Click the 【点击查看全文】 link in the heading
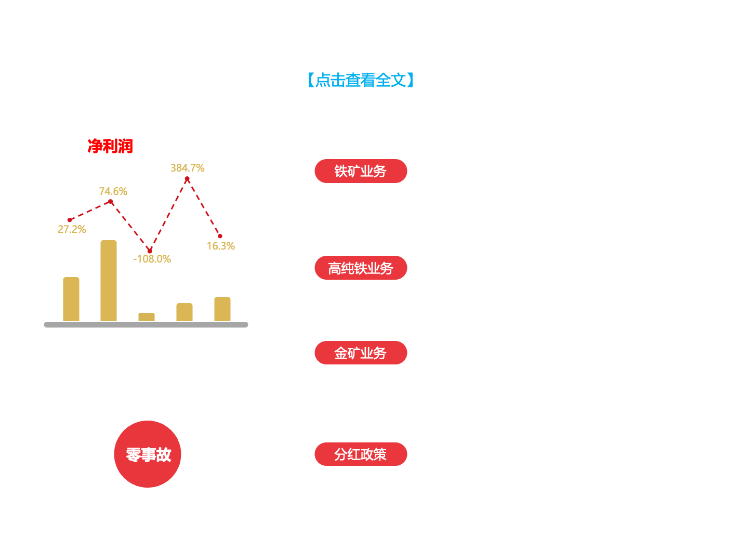pyautogui.click(x=360, y=80)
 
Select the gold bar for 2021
pyautogui.click(x=109, y=281)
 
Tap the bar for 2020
pyautogui.click(x=71, y=299)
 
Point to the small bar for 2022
pyautogui.click(x=147, y=317)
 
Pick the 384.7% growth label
pyautogui.click(x=188, y=168)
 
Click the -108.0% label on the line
pyautogui.click(x=152, y=259)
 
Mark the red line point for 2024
pyautogui.click(x=220, y=237)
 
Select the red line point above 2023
pyautogui.click(x=187, y=179)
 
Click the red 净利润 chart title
pyautogui.click(x=110, y=147)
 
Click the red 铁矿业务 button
pyautogui.click(x=361, y=171)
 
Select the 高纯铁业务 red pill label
pyautogui.click(x=361, y=268)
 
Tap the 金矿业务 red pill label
pyautogui.click(x=361, y=354)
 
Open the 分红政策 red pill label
pyautogui.click(x=361, y=454)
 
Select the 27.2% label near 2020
pyautogui.click(x=72, y=229)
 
